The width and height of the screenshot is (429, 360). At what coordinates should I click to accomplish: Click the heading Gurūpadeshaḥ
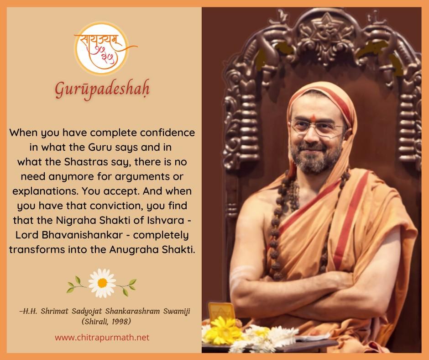tap(102, 90)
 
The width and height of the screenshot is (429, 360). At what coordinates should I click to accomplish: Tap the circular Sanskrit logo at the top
tap(101, 48)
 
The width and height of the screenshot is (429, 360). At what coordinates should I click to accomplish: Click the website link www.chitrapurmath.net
tap(102, 337)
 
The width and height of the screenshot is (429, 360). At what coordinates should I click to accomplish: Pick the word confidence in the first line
tap(167, 132)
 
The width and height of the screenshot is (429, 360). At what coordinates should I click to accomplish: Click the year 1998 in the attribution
tap(121, 321)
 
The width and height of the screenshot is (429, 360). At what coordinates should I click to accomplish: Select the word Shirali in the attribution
tap(95, 321)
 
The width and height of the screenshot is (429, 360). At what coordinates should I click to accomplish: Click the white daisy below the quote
tap(102, 283)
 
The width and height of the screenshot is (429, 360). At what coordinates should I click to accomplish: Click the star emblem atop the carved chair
tap(325, 31)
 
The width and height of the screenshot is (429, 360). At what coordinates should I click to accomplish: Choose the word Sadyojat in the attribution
tap(87, 312)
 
